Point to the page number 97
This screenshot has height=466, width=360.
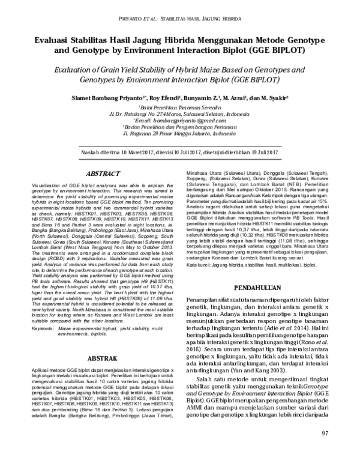coord(325,450)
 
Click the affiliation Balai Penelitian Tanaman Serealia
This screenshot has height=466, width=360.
coord(179,105)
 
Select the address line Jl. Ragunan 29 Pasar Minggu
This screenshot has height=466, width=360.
coord(180,135)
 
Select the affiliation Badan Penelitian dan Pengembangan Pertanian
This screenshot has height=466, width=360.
coord(179,127)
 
